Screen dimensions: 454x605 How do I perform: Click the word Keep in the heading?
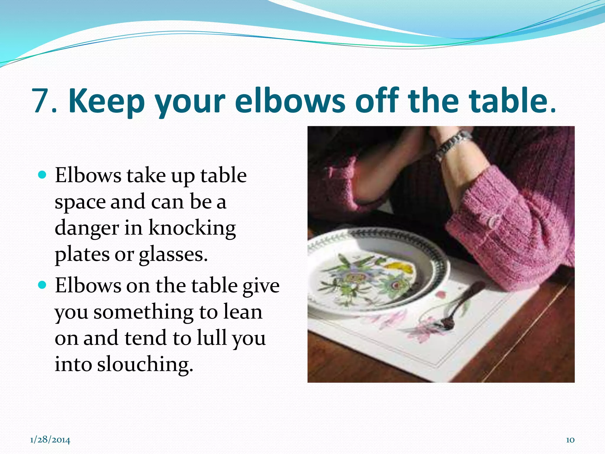107,101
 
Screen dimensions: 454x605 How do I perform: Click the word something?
143,312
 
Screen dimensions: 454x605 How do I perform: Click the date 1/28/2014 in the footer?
50,440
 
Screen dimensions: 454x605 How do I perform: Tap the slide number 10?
570,440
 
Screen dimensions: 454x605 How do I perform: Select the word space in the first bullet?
80,202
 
